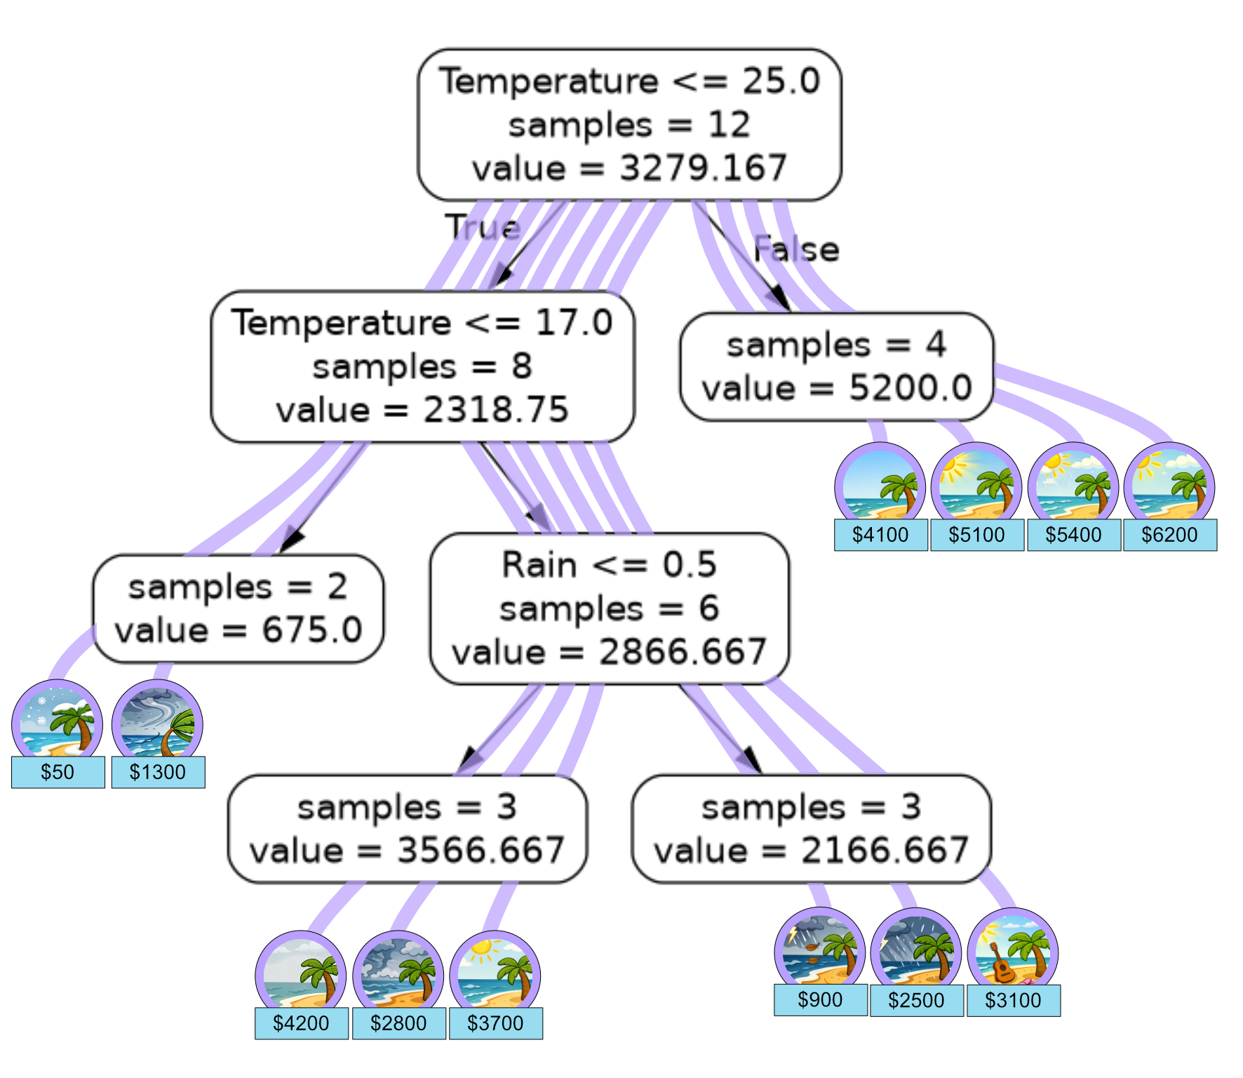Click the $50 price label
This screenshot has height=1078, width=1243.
coord(58,772)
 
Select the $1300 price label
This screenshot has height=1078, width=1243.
coord(158,772)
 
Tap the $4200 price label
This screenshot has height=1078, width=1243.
coord(301,1023)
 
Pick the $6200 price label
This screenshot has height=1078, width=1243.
coord(1169,535)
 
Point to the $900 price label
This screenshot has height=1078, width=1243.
coord(820,999)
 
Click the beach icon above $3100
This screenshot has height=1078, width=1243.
coord(1012,952)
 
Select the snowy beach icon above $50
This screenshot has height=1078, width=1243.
coord(58,724)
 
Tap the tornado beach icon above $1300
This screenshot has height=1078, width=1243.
coord(158,724)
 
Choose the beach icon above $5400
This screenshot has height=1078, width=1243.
coord(1073,487)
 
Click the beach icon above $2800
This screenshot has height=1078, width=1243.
coord(398,976)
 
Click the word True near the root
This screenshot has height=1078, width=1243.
coord(483,227)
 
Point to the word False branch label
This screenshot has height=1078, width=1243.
coord(796,250)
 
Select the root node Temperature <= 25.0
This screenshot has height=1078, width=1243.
coord(629,125)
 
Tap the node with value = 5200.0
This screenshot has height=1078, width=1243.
coord(836,367)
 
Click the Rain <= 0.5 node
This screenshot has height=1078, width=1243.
coord(609,608)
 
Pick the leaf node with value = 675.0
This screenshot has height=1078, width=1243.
coord(238,608)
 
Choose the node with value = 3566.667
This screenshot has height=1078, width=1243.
coord(407,829)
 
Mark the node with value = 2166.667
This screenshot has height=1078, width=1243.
coord(811,829)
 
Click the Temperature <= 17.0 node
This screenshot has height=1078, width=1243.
coord(422,367)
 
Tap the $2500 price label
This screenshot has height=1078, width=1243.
coord(916,1000)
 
